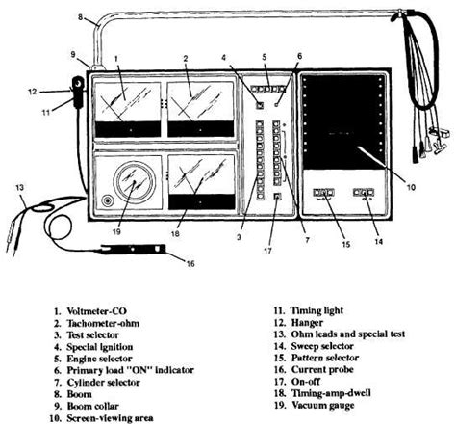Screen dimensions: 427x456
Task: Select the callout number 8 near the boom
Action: coord(80,15)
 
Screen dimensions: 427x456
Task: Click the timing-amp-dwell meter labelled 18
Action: coord(199,179)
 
